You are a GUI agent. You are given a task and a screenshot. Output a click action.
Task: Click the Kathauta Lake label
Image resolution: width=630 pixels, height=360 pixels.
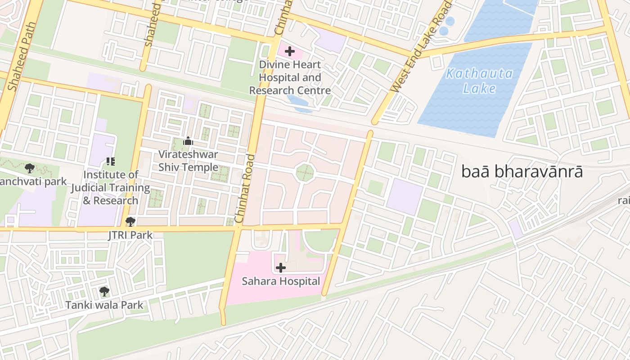pos(479,81)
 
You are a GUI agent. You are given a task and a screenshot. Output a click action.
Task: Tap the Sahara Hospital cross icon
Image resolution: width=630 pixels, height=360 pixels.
pos(281,268)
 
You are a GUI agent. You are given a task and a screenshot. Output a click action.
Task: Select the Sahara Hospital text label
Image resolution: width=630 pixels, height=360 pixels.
pos(281,282)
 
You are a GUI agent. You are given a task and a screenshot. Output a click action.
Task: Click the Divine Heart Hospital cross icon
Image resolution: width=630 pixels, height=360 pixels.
pos(290,51)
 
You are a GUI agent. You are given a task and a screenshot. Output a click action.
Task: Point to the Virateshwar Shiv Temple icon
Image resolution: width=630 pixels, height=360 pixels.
pos(188,141)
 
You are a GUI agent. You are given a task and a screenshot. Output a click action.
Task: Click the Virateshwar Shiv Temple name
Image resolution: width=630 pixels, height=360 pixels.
pos(188,161)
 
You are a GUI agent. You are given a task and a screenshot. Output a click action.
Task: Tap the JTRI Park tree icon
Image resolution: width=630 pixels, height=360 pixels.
pos(130,221)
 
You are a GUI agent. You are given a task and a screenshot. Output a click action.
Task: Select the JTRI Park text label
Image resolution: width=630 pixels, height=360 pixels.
pos(130,235)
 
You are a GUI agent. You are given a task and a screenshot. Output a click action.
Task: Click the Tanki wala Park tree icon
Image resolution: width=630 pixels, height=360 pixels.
pos(104,292)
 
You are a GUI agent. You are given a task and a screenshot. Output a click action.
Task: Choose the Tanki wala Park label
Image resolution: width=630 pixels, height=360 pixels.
pos(104,305)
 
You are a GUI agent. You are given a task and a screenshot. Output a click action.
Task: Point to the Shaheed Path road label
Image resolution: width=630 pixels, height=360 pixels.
pos(19,63)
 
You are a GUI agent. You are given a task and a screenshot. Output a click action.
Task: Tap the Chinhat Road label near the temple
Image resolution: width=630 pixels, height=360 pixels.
pos(245,189)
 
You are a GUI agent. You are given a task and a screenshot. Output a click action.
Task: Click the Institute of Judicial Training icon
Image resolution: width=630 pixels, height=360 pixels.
pos(111,161)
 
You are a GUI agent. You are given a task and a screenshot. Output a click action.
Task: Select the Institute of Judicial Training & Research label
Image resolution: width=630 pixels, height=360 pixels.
pos(111,188)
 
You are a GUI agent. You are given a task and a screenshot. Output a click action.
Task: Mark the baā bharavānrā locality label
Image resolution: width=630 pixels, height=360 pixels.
pos(522,172)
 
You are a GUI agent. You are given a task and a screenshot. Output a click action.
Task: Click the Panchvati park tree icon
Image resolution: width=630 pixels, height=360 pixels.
pos(30,169)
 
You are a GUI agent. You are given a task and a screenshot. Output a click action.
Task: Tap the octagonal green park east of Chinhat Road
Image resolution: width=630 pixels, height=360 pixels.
pos(305,173)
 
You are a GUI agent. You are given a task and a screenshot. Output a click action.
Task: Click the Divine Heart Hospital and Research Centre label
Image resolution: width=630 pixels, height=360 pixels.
pos(290,77)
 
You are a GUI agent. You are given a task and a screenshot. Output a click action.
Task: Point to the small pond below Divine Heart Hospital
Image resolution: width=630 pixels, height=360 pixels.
pos(299,104)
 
